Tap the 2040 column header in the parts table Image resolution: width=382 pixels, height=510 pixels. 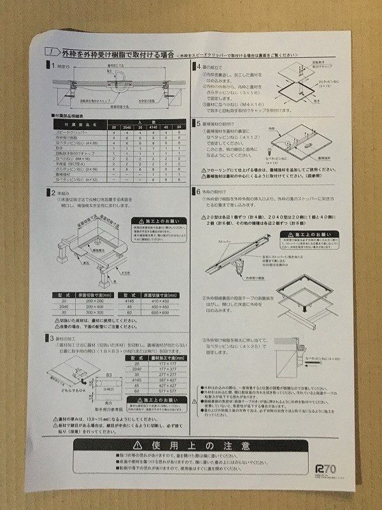coord(127,127)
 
